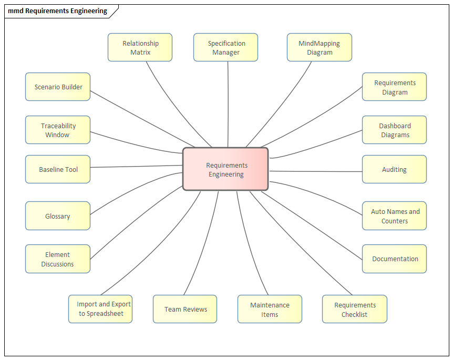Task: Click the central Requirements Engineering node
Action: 225,169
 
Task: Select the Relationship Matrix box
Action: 140,47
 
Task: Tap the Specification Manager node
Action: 225,47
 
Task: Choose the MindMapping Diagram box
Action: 319,47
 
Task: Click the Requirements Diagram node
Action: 394,87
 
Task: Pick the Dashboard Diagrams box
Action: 394,130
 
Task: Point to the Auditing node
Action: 394,169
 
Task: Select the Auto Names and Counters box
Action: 394,215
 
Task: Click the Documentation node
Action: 394,259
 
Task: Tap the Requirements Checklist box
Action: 354,309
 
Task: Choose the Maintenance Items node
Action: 270,309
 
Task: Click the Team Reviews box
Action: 185,309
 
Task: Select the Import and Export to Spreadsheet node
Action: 100,308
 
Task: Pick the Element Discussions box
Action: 58,259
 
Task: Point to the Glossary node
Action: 58,215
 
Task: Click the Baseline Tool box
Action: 58,169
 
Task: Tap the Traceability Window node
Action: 58,130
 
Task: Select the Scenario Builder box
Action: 58,87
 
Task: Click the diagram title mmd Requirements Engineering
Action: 57,11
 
